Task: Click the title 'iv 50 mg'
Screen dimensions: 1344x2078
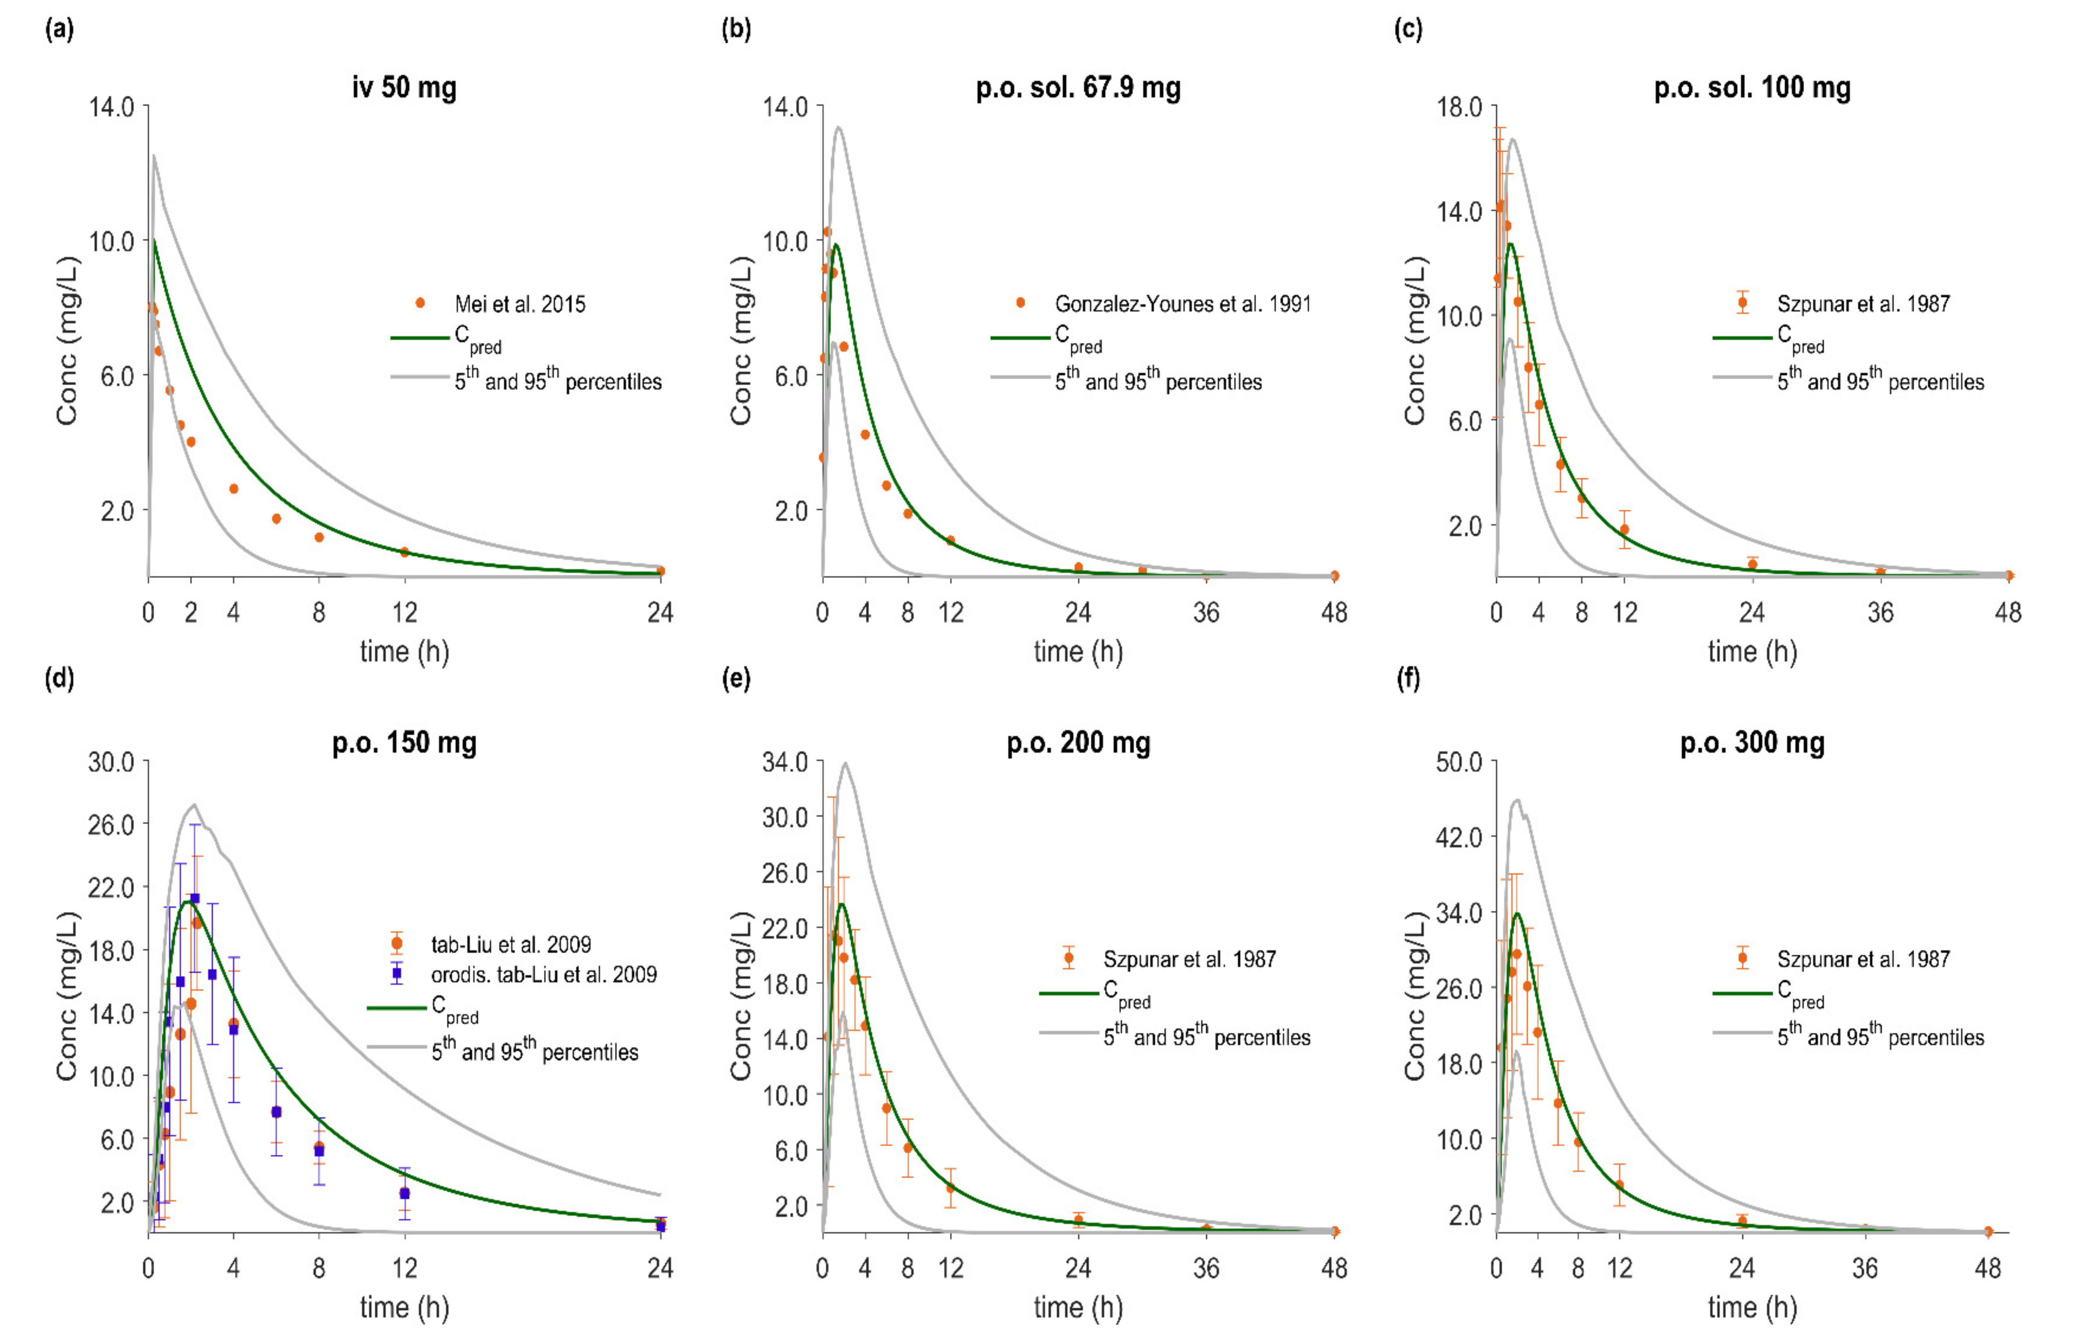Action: (x=404, y=88)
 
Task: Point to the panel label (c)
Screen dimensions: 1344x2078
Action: (x=1408, y=29)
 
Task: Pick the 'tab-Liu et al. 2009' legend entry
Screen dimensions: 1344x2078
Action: (x=510, y=944)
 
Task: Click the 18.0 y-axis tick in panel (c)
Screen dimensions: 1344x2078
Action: (x=1459, y=107)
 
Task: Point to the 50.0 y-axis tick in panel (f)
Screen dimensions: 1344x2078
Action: (x=1459, y=763)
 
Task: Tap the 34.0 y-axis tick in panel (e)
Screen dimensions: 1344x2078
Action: (x=786, y=763)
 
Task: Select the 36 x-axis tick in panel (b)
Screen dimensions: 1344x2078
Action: (x=1206, y=613)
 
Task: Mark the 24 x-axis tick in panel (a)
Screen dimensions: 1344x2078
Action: (x=660, y=613)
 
